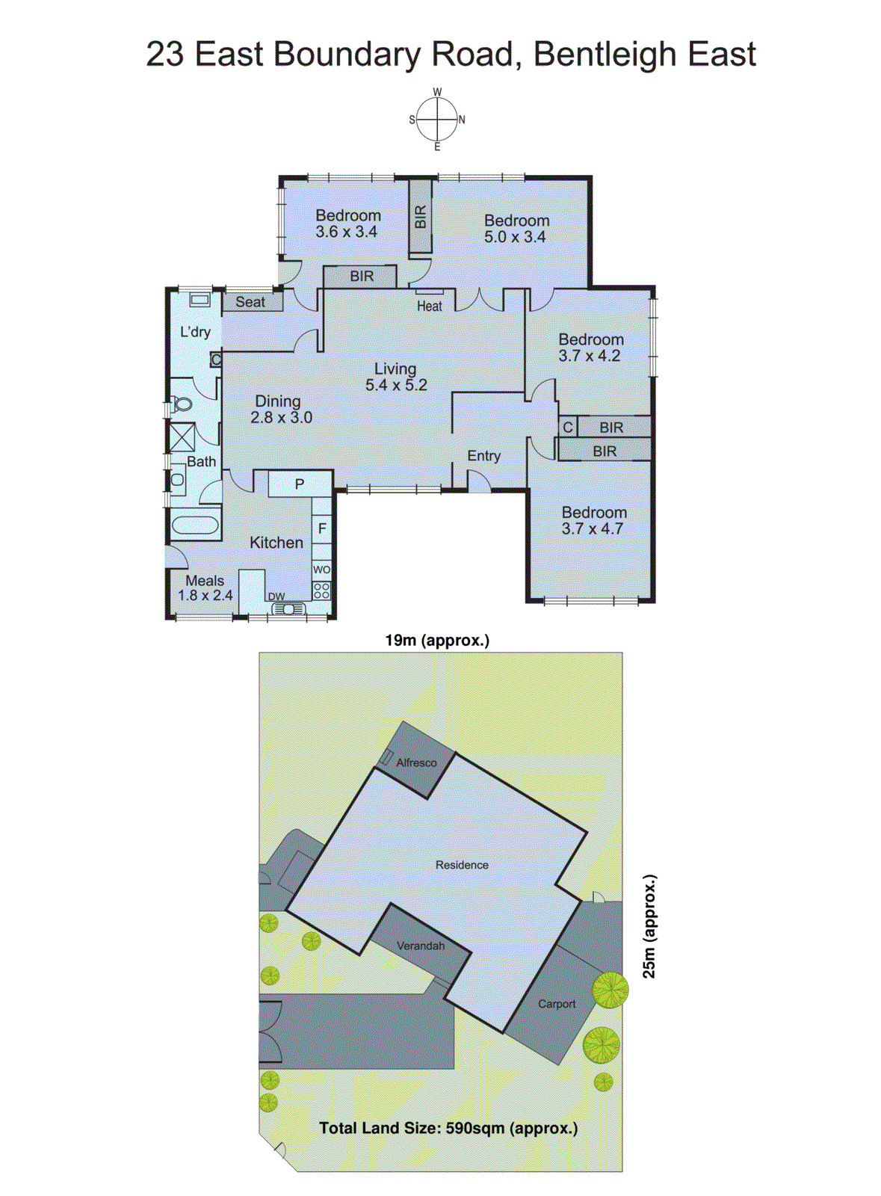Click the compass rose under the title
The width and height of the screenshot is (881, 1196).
[437, 120]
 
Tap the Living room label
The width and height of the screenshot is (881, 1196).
[395, 377]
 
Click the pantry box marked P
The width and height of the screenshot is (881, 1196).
[300, 484]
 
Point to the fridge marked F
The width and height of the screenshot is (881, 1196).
[322, 528]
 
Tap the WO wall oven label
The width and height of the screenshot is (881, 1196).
[321, 570]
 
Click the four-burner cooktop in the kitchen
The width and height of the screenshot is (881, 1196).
[321, 591]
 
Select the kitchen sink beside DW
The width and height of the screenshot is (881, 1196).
[289, 609]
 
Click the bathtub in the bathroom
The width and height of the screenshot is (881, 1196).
[194, 524]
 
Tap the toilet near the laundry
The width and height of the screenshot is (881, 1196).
[182, 405]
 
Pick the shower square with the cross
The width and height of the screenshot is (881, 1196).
[182, 437]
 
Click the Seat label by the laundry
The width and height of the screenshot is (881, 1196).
[250, 302]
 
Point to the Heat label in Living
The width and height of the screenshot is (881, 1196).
[430, 306]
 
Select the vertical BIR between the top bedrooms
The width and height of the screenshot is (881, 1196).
[420, 218]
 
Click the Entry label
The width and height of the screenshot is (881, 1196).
[483, 456]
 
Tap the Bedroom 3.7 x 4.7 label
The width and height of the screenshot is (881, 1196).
[594, 520]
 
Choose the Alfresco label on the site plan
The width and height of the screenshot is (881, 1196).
[416, 762]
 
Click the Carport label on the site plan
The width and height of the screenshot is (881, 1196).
[557, 1004]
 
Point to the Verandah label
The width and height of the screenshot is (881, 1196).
[421, 946]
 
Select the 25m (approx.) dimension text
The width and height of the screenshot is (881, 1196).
[649, 926]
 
